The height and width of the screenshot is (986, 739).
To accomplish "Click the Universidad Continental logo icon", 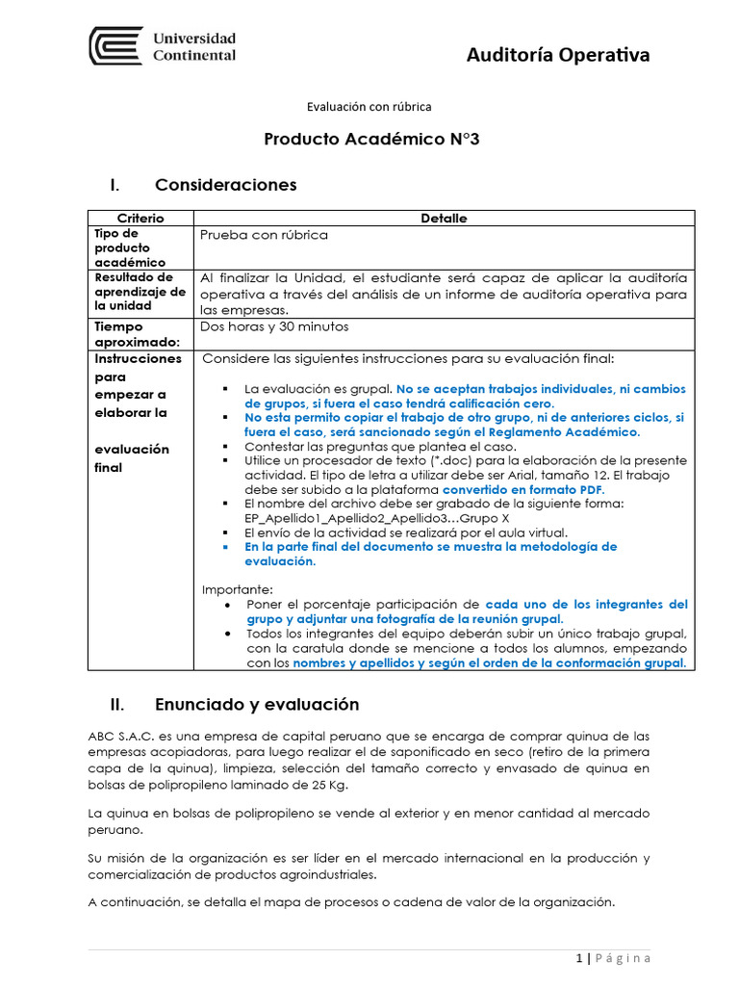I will pyautogui.click(x=116, y=46).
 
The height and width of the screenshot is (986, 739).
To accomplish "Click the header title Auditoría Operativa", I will pyautogui.click(x=557, y=55).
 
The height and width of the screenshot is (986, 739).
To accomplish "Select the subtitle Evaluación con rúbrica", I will pyautogui.click(x=369, y=107).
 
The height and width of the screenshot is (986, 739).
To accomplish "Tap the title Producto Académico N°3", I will pyautogui.click(x=370, y=140).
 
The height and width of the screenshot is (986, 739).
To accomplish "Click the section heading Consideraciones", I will pyautogui.click(x=225, y=184).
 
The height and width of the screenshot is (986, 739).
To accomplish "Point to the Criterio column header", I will pyautogui.click(x=140, y=219).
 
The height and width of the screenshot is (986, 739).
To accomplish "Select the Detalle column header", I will pyautogui.click(x=444, y=219).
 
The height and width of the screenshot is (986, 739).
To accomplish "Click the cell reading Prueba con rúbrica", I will pyautogui.click(x=264, y=235).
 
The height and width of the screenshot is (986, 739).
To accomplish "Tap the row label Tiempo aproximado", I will pyautogui.click(x=138, y=334).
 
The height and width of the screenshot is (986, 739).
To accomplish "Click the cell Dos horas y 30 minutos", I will pyautogui.click(x=273, y=326).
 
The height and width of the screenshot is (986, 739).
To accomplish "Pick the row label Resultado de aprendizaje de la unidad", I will pyautogui.click(x=140, y=291).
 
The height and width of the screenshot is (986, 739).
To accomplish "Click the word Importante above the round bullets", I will pyautogui.click(x=237, y=589).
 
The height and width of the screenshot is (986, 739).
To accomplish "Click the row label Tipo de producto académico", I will pyautogui.click(x=130, y=247).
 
